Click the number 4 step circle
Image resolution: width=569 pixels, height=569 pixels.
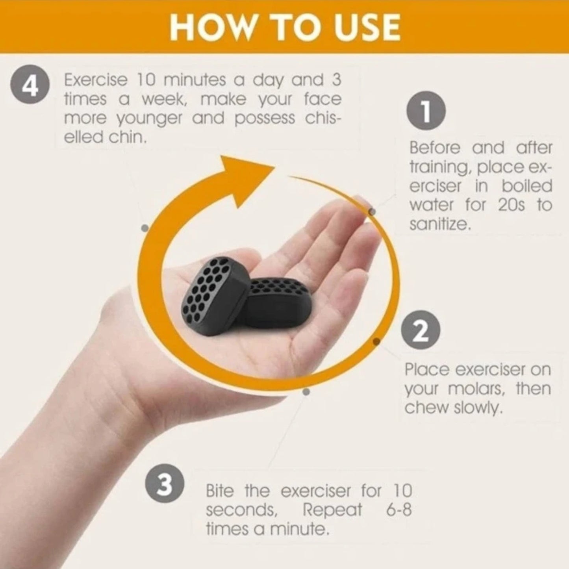pos(30,84)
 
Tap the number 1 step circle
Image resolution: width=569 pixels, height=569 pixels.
pos(426,111)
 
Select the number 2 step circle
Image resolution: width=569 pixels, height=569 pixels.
pos(421,330)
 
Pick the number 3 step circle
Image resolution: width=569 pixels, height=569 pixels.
pos(165,483)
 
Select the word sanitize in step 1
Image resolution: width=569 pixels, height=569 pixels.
pos(439,224)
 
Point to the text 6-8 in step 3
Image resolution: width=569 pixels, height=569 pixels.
pos(398,510)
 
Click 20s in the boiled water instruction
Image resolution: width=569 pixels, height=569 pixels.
pos(512,205)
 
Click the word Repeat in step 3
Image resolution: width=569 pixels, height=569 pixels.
pos(332,510)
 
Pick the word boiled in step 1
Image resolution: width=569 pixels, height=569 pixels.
pos(527,186)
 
